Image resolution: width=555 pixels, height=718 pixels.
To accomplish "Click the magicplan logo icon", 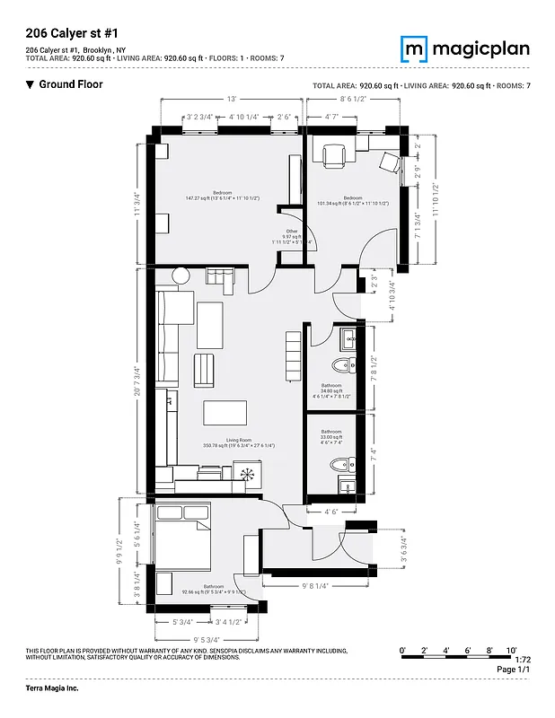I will coord(414,48).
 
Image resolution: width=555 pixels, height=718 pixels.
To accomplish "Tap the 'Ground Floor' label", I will coord(69,84).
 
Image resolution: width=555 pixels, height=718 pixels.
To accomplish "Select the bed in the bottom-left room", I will coord(183,537).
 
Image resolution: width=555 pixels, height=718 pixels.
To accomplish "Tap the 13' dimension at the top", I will coord(231,99).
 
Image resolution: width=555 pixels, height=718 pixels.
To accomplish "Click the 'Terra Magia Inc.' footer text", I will coord(53,687).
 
